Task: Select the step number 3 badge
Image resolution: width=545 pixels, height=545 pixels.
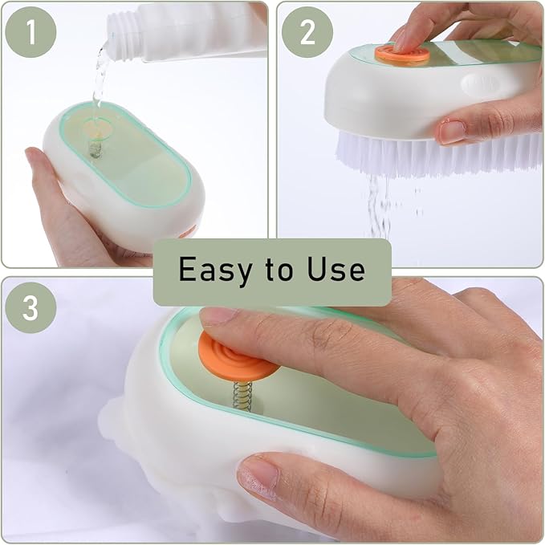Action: pyautogui.click(x=30, y=307)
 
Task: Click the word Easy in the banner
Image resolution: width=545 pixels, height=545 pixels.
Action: pyautogui.click(x=211, y=270)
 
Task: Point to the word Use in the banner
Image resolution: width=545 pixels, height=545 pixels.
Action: pyautogui.click(x=336, y=270)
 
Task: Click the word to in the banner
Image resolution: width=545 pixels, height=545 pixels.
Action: pyautogui.click(x=273, y=270)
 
